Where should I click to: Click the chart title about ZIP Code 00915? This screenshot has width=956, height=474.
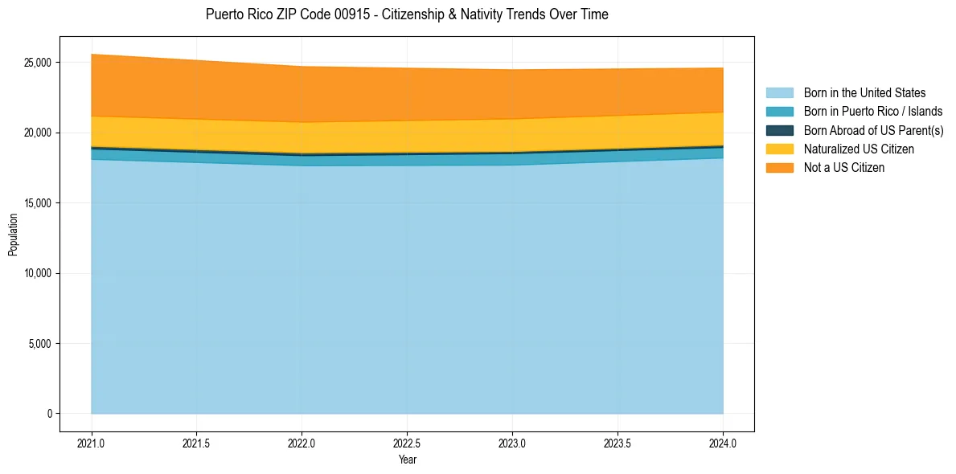407,14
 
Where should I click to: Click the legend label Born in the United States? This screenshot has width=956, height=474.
864,93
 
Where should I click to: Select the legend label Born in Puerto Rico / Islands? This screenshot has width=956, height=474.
873,112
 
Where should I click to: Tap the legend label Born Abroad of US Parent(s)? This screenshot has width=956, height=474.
873,130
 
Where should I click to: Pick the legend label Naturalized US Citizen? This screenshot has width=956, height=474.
859,149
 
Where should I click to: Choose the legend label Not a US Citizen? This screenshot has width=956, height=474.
843,168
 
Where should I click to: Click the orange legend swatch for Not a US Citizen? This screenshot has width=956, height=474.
779,168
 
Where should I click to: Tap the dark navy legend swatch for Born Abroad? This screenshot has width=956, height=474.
779,130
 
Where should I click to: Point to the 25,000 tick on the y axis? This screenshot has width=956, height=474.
37,63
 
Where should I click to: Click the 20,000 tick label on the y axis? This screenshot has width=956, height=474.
37,133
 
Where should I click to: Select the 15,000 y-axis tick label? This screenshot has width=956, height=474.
37,203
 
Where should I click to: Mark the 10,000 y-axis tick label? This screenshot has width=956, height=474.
37,273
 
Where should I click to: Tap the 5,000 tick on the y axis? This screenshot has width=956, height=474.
39,344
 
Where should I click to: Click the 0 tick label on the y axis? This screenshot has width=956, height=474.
49,414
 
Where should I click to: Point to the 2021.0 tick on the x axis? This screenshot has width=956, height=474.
92,443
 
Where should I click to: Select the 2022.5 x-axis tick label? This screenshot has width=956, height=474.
407,443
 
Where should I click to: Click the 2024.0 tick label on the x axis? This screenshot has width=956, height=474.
723,443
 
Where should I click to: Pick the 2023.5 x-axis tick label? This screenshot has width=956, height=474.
618,443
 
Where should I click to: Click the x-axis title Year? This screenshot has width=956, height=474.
407,460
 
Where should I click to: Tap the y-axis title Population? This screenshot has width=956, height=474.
13,235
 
